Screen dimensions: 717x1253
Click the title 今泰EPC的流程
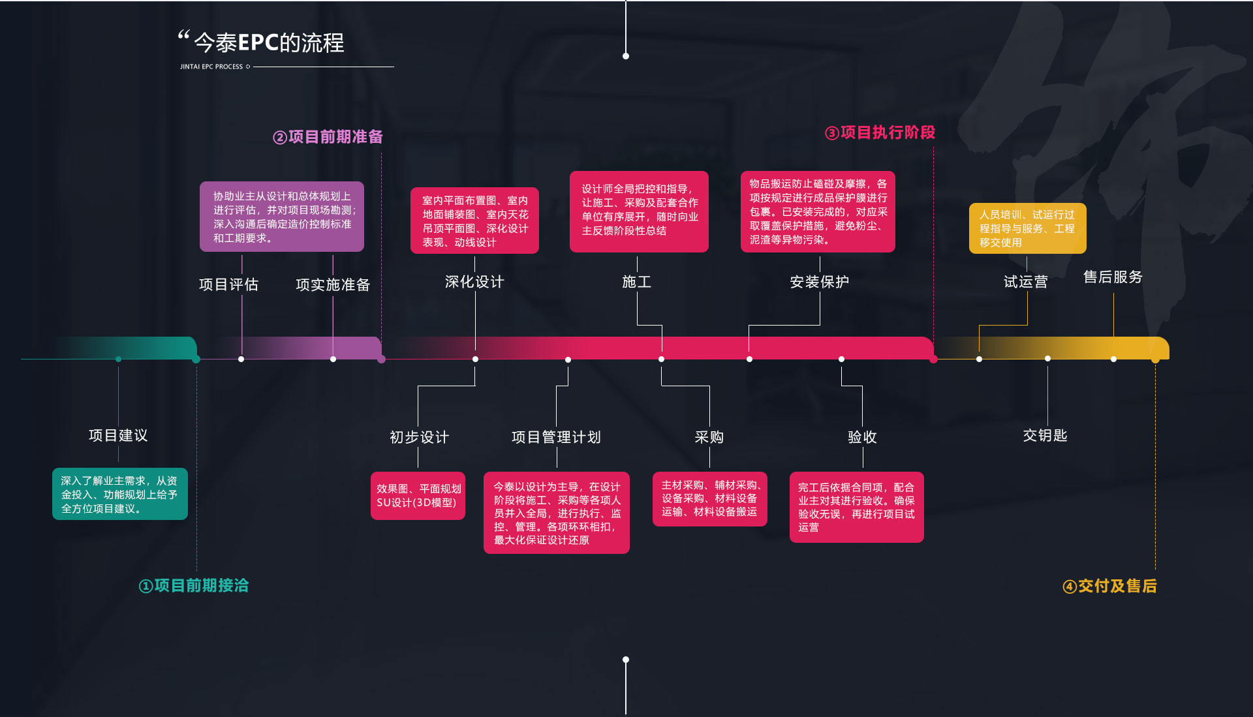268,43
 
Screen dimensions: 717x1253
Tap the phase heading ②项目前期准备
328,137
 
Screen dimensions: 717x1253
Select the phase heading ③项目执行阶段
880,133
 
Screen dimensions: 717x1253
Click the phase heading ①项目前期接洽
194,586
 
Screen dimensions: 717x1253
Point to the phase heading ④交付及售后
1109,587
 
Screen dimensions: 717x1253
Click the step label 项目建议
118,435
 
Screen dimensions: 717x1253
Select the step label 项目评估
228,284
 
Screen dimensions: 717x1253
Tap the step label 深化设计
474,282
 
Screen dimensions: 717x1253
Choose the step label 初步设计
419,437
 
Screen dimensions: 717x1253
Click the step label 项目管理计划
556,437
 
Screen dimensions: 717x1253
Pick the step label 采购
709,437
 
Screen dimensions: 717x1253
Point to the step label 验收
862,437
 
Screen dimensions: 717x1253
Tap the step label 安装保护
819,282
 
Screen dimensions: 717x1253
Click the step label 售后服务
1113,277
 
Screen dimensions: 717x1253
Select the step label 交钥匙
1045,435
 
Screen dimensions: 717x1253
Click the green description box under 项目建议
120,495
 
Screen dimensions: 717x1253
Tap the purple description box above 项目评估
282,217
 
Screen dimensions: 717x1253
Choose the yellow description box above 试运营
1027,228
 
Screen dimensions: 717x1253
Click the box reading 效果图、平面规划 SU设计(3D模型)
418,496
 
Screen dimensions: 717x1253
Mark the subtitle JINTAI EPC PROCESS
211,67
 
